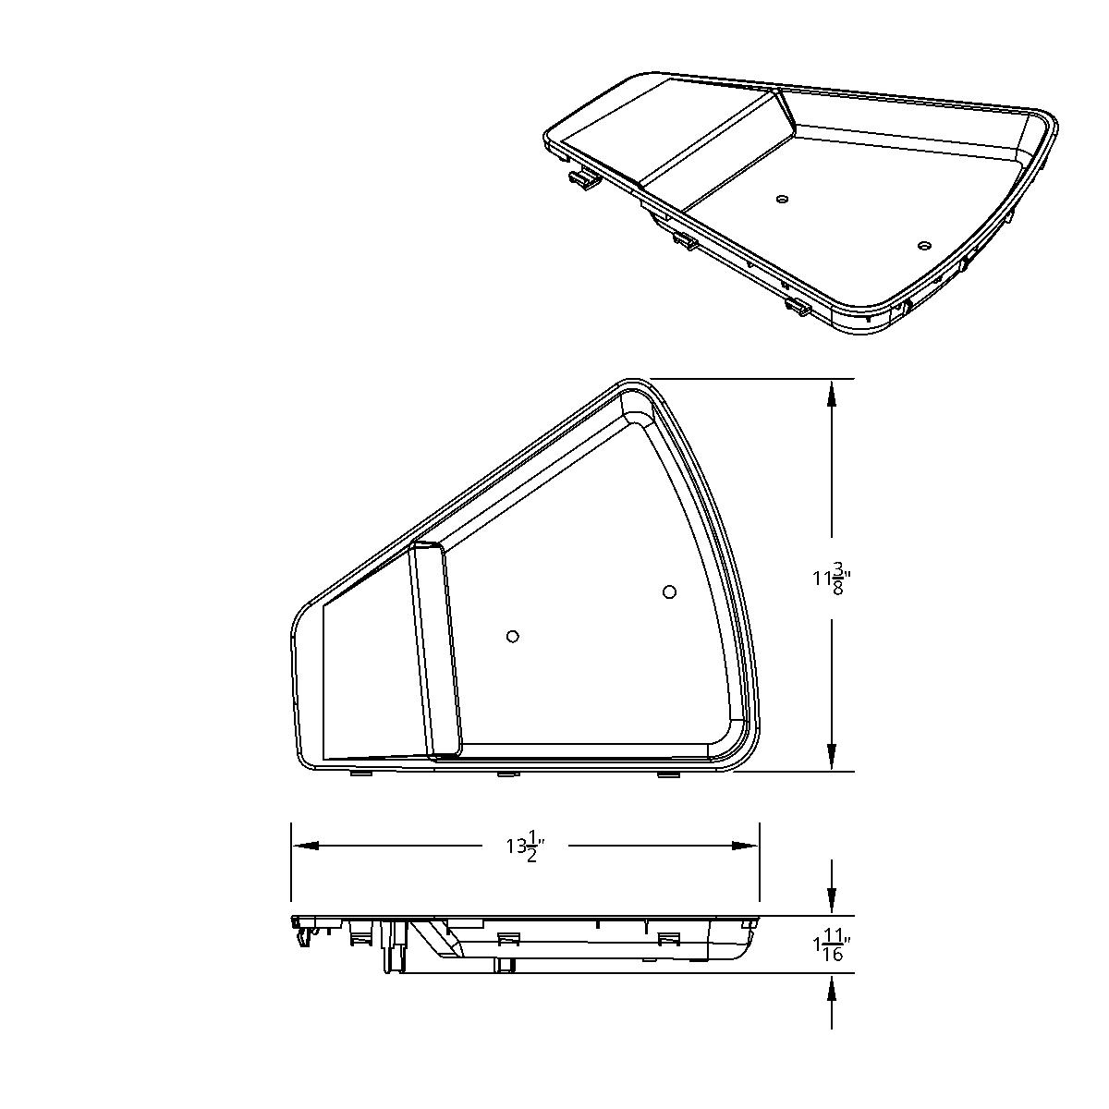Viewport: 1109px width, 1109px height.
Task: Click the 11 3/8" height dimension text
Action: pos(831,579)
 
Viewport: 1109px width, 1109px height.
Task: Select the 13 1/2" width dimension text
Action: pos(525,846)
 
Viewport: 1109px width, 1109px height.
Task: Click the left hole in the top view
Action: pos(513,636)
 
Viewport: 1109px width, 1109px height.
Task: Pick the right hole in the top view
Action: pos(670,591)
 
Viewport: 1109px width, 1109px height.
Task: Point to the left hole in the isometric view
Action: pos(782,199)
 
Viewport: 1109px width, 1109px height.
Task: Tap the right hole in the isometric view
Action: pos(923,246)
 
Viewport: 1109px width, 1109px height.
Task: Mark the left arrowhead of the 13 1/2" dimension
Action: pos(306,846)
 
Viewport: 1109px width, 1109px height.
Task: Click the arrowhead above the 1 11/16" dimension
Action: pos(832,901)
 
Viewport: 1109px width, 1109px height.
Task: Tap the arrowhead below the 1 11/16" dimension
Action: pos(832,988)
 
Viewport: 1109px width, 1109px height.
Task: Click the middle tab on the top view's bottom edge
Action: pos(507,774)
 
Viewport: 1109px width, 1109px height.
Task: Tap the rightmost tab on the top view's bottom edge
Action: pos(666,774)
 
